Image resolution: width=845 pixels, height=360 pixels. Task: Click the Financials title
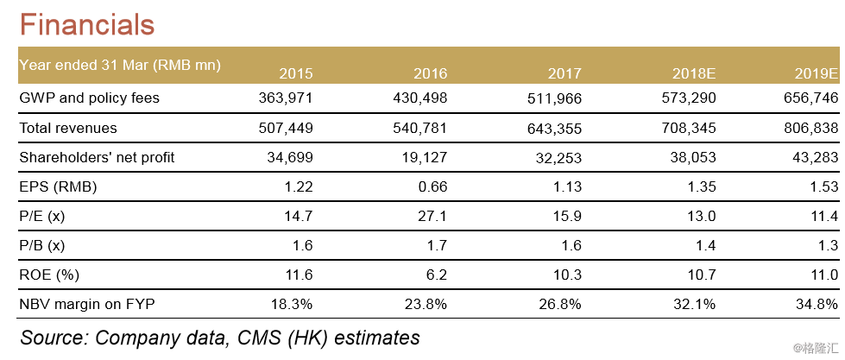[87, 23]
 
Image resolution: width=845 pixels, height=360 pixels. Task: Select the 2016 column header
[430, 73]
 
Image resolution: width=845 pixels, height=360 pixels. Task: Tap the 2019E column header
[817, 73]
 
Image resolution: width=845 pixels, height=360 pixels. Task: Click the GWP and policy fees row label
[90, 98]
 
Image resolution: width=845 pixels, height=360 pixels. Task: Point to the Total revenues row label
[68, 129]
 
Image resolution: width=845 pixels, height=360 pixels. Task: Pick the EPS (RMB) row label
[58, 186]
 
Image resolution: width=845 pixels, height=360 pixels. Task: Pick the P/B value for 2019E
[828, 245]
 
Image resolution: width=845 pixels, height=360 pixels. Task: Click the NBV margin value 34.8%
[819, 304]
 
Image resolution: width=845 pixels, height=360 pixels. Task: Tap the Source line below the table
[220, 337]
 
